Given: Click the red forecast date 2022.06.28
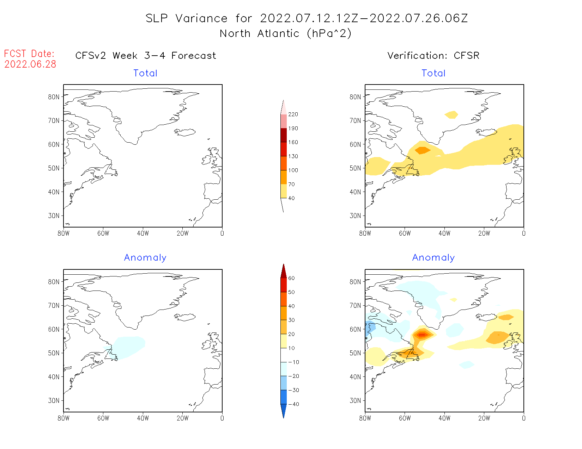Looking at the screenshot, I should click(30, 64).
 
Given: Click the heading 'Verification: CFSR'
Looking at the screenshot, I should click(433, 56).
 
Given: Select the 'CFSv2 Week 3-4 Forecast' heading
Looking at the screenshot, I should click(146, 56).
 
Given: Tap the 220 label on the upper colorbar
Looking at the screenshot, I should click(293, 114).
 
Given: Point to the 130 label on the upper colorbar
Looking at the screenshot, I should click(293, 156).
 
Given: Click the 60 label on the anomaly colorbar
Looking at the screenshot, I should click(291, 278).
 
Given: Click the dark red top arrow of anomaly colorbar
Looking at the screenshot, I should click(284, 272).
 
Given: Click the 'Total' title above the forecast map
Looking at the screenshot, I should click(145, 73).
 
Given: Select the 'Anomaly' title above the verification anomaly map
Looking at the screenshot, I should click(434, 258).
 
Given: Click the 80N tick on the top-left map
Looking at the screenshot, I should click(54, 97).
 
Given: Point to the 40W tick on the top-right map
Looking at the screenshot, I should click(444, 233).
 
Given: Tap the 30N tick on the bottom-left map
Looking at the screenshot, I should click(54, 400).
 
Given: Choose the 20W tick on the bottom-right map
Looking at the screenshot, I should click(484, 418).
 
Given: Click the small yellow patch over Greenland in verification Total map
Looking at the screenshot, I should click(451, 115).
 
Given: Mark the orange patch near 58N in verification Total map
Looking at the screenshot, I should click(422, 150).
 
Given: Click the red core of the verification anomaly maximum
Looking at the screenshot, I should click(422, 335).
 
